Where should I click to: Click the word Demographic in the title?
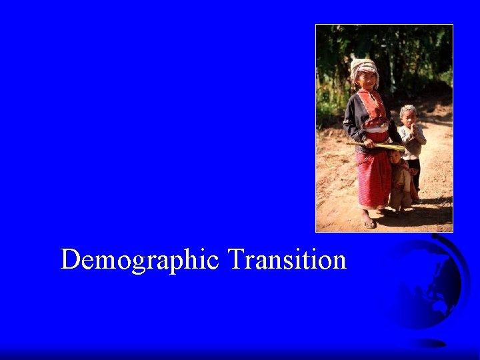pos(139,260)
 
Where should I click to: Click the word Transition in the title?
pos(287,259)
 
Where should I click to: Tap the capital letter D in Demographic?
pos(69,259)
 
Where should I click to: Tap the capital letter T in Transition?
pos(235,259)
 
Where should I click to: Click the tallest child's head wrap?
pos(363,65)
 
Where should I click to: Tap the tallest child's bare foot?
pos(367,221)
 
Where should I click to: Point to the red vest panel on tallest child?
pos(371,107)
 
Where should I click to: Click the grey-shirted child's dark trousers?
pos(414,173)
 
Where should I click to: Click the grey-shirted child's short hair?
pos(407,109)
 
